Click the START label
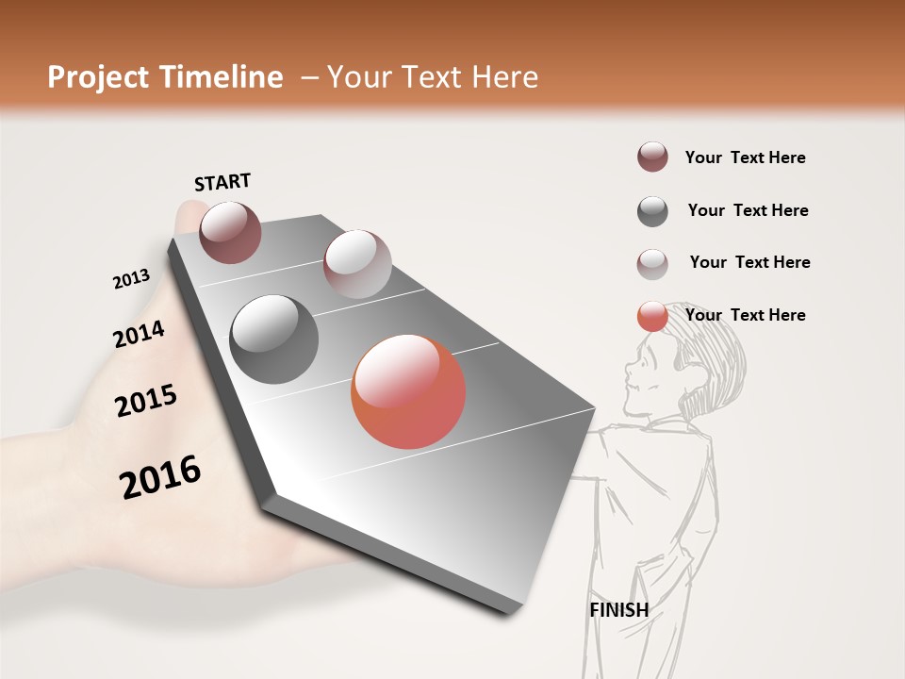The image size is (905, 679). point(222,182)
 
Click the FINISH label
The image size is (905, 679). point(619,610)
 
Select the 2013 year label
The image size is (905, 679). point(131,279)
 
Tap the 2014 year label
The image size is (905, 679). point(139,335)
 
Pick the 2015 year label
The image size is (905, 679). point(146,401)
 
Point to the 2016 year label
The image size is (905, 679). point(160,477)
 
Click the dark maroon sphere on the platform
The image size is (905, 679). point(230,232)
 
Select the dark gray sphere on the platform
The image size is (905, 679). point(274,339)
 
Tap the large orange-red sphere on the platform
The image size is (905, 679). point(408,391)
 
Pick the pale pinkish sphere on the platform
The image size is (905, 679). point(357,264)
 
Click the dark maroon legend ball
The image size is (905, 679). point(652,157)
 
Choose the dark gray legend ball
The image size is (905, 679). point(652,211)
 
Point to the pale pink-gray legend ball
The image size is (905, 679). point(652,264)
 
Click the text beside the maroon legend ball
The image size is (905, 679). point(745,157)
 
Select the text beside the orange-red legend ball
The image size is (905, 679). point(745,315)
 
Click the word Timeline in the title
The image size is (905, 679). point(218,77)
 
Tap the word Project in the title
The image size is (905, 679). point(97,77)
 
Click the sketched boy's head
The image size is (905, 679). point(693,363)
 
